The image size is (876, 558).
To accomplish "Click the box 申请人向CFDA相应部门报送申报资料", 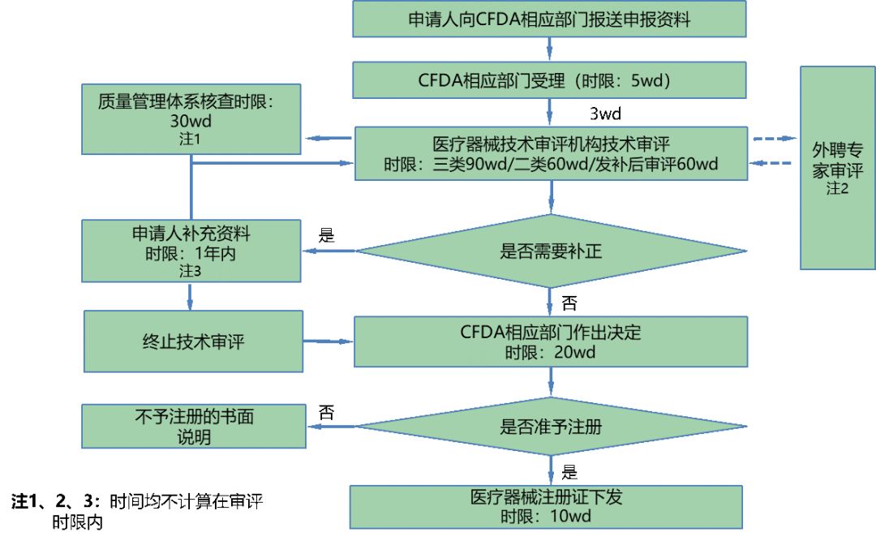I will click(549, 19).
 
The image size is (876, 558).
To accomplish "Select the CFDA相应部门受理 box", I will click(549, 80).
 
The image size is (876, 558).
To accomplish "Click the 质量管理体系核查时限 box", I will click(191, 118).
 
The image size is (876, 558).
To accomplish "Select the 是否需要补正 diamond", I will click(551, 251).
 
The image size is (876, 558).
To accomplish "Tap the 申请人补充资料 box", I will click(191, 251).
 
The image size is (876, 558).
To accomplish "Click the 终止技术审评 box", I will click(193, 341).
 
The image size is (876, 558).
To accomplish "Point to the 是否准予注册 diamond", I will click(551, 427).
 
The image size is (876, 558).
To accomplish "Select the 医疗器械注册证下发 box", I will click(546, 507).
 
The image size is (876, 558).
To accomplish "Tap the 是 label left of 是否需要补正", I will click(326, 236).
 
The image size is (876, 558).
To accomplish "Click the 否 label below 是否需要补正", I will click(569, 303).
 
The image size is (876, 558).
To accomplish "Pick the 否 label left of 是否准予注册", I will click(326, 412).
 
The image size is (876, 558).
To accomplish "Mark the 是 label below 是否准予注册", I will click(569, 472).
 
